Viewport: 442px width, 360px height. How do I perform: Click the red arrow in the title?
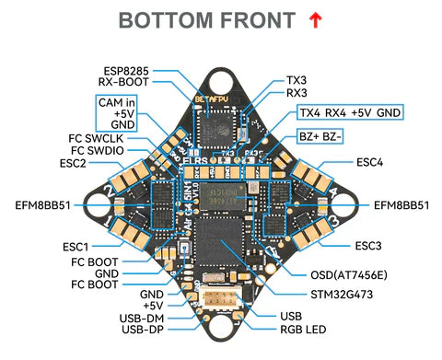(x=316, y=19)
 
